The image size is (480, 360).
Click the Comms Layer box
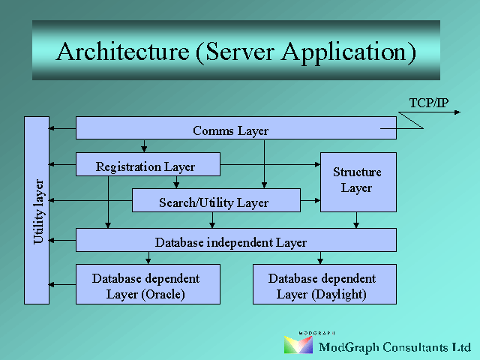pos(236,128)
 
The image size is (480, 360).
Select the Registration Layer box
pos(148,164)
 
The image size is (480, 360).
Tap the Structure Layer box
pos(358,182)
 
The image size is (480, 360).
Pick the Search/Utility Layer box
pos(216,200)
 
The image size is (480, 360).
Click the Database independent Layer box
pos(236,240)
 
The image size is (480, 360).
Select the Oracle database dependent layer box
pos(148,284)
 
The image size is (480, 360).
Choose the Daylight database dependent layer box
pos(325,284)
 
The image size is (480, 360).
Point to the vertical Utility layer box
pos(37,210)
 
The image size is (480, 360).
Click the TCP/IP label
pos(429,103)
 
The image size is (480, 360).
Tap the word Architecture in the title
pos(123,52)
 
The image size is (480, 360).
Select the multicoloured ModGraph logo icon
pos(298,345)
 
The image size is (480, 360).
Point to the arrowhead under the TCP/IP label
pos(457,112)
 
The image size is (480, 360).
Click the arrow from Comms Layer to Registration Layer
pos(144,146)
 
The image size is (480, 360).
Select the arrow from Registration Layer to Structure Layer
pos(270,164)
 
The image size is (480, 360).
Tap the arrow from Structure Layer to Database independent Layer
pos(356,220)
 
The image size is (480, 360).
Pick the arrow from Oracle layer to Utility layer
pos(62,285)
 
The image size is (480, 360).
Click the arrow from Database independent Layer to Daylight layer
pos(320,258)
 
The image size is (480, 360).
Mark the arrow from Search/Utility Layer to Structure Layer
pos(310,200)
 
